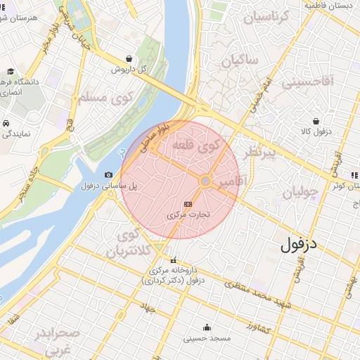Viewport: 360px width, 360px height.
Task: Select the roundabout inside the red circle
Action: coord(205,181)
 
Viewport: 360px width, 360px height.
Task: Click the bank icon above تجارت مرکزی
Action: coord(187,202)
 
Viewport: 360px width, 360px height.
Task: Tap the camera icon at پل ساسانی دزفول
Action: coord(108,175)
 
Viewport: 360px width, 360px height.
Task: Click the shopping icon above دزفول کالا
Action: coord(316,120)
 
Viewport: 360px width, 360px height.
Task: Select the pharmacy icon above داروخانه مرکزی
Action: coord(174,259)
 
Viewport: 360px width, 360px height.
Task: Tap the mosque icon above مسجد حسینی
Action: coord(207,328)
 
